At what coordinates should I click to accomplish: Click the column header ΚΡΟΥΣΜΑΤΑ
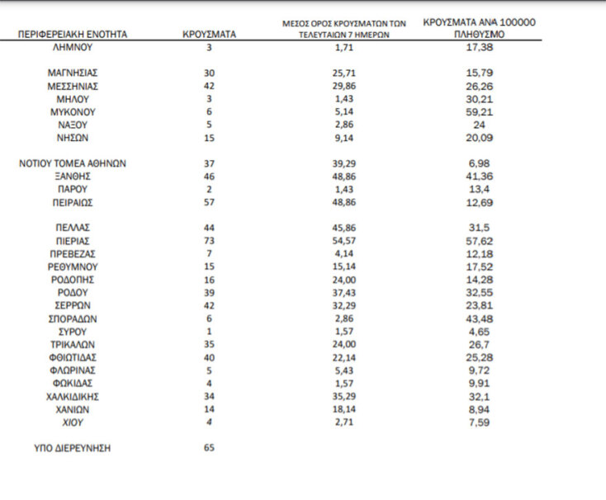pyautogui.click(x=209, y=35)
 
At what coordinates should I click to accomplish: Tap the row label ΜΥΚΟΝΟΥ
pyautogui.click(x=73, y=111)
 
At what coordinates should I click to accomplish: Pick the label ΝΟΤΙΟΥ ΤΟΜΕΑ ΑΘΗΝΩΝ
pyautogui.click(x=73, y=163)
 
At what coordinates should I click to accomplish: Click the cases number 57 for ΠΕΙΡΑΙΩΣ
pyautogui.click(x=209, y=202)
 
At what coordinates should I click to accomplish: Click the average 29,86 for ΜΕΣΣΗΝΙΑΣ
pyautogui.click(x=343, y=86)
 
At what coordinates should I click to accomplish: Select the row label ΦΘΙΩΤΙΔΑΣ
pyautogui.click(x=73, y=357)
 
